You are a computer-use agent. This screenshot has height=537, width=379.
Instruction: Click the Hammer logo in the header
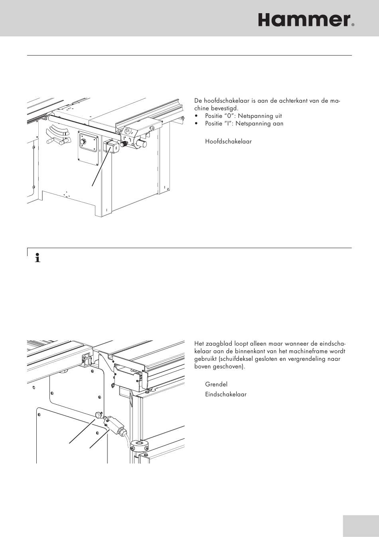click(x=304, y=20)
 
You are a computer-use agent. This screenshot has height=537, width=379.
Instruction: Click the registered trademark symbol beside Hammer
click(x=353, y=25)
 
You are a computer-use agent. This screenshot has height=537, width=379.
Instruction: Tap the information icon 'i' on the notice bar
click(x=38, y=259)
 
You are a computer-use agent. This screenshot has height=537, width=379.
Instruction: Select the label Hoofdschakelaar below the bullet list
click(x=228, y=141)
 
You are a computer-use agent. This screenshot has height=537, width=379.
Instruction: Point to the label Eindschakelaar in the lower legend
click(x=225, y=394)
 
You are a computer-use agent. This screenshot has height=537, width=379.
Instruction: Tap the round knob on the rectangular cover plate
click(x=84, y=142)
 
